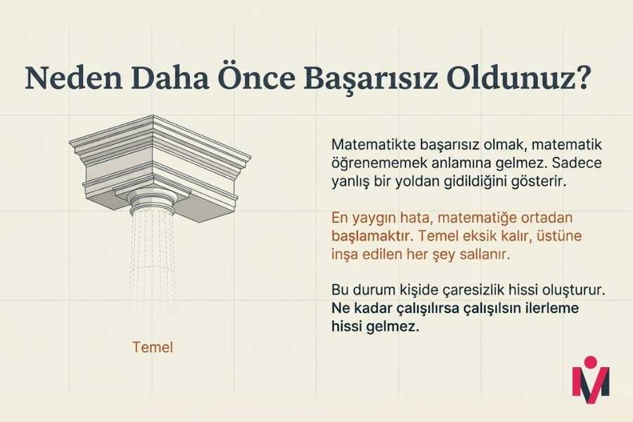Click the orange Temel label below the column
152,347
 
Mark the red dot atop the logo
591,362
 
